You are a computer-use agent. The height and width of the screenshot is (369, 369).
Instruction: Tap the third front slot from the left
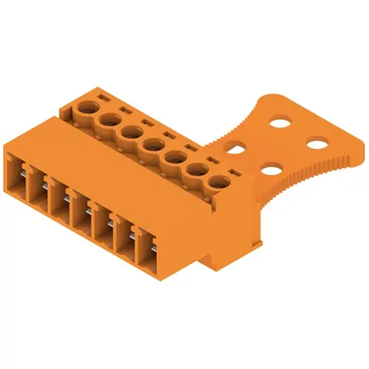[x=58, y=197]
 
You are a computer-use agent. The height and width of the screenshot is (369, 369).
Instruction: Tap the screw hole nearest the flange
[x=219, y=182]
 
